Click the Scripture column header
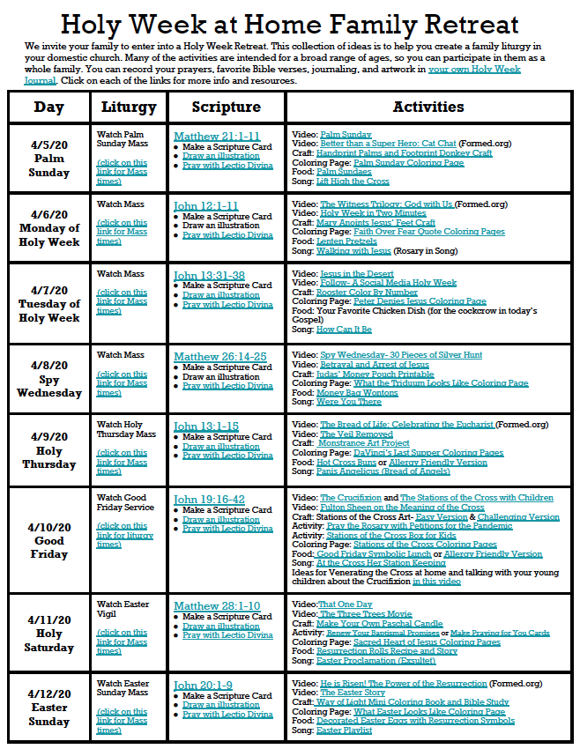coord(226,108)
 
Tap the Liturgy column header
coord(129,108)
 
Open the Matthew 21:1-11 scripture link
coord(216,137)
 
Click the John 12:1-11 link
coord(205,206)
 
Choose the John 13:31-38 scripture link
coord(209,276)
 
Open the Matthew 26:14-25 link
coord(219,357)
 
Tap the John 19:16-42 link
coord(209,500)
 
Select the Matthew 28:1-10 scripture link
coord(216,606)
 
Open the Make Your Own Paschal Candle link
coord(378,624)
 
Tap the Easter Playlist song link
coord(345,730)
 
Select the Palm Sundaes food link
coord(344,172)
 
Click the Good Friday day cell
coord(49,540)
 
